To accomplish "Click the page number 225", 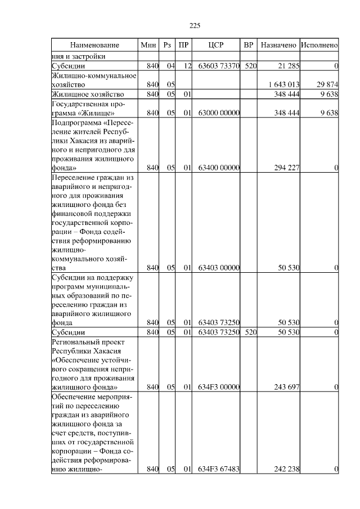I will (x=195, y=25).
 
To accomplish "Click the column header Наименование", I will (x=95, y=44).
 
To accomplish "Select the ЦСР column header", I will (x=217, y=44).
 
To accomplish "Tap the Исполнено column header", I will (x=319, y=44).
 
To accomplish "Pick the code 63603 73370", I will (x=219, y=66).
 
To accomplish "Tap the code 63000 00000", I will (x=219, y=113).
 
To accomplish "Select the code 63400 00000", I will (x=219, y=168).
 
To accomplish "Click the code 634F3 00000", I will (x=219, y=387).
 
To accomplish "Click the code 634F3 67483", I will (x=219, y=469).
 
